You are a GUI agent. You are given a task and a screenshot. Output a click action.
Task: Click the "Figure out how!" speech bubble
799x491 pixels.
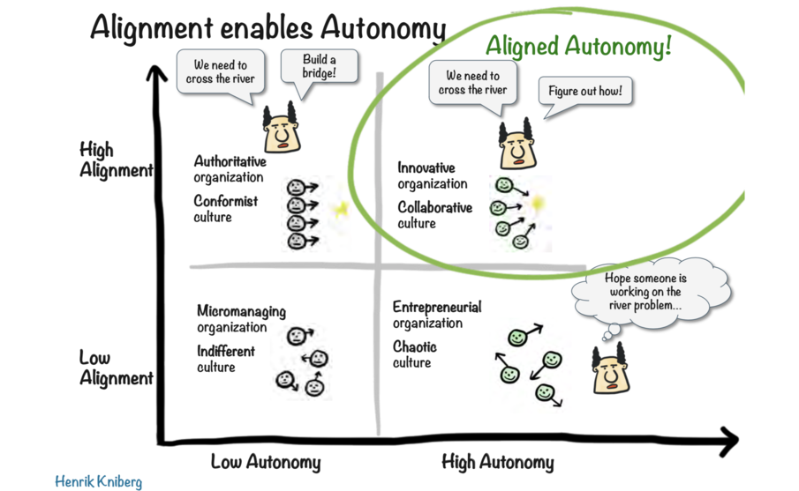point(587,92)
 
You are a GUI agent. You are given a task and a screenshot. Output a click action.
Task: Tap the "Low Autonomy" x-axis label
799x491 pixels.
point(265,462)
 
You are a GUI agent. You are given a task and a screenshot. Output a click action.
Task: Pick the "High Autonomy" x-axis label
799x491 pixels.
point(497,462)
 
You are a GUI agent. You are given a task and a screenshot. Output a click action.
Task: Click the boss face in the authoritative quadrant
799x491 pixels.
point(281,130)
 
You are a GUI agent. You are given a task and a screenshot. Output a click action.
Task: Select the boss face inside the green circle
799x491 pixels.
point(515,146)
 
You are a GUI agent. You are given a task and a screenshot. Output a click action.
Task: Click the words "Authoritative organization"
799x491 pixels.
point(230,169)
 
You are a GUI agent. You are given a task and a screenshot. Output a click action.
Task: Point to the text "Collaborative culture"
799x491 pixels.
point(434,215)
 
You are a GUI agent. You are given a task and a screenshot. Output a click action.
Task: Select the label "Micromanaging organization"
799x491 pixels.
point(241,319)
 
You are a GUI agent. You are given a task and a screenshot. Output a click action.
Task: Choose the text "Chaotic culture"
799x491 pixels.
point(414,354)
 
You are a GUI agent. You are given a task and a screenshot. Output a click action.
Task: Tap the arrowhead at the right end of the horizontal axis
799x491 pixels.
point(728,438)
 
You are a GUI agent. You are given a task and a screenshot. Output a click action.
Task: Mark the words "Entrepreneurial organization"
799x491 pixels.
point(437,315)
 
